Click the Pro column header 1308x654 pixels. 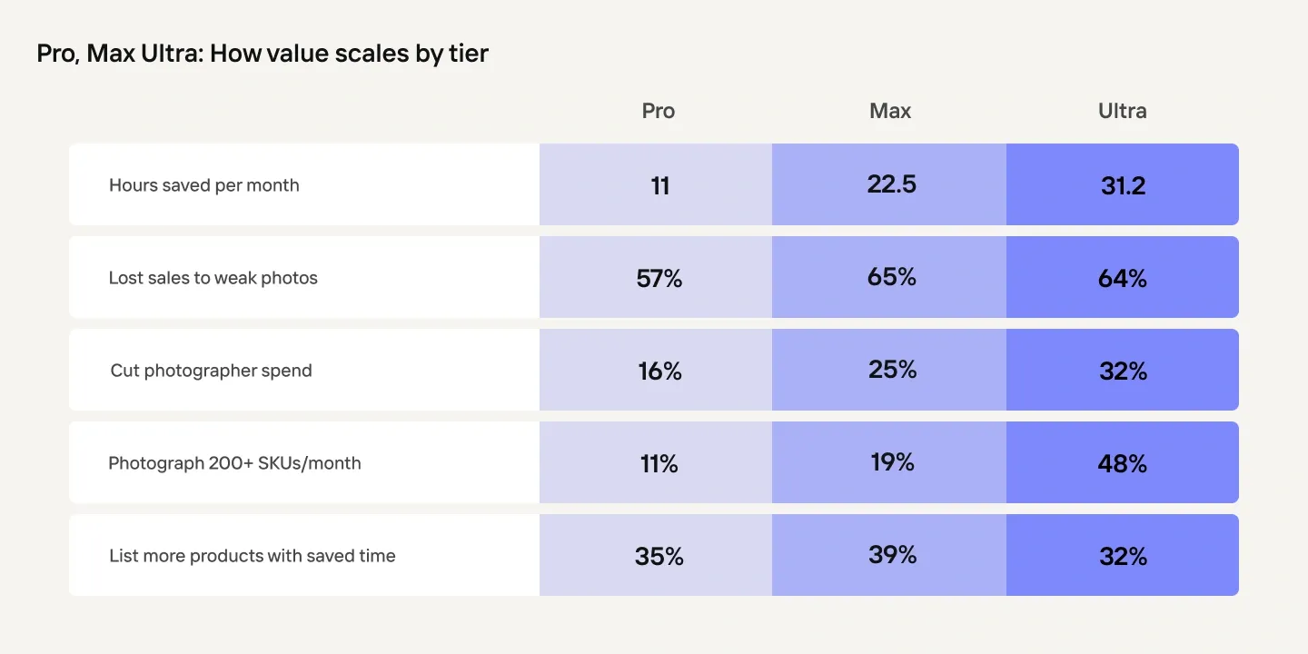(658, 111)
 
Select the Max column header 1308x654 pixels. (890, 111)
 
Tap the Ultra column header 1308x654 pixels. (1123, 111)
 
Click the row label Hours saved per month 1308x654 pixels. (203, 185)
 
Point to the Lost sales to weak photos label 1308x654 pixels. (213, 278)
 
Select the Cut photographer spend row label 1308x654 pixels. (211, 371)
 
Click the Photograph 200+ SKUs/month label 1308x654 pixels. (234, 463)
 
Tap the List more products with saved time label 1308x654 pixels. (253, 555)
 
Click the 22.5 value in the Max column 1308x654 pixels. (892, 184)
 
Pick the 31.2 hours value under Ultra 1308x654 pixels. (1123, 185)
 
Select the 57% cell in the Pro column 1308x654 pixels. (659, 279)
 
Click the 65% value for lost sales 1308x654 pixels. (892, 277)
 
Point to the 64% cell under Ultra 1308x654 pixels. (1123, 279)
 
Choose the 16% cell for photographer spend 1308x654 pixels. (659, 372)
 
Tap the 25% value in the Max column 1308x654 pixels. (892, 370)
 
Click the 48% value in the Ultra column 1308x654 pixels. (1123, 464)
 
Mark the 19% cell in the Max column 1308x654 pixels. (892, 462)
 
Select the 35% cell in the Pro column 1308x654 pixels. (659, 557)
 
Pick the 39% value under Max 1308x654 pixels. (892, 555)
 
